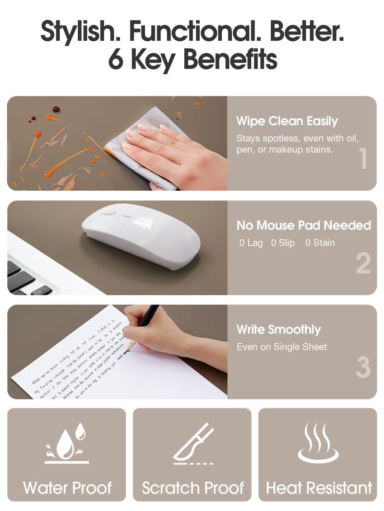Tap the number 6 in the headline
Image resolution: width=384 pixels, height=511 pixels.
[116, 59]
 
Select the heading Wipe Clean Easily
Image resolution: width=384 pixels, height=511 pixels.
[287, 121]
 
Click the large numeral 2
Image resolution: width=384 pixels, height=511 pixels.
[363, 263]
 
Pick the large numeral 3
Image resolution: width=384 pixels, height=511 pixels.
[363, 367]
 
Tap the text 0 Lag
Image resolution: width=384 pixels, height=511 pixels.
[251, 243]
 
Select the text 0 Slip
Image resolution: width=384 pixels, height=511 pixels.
[283, 243]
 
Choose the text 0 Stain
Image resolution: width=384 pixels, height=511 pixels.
[320, 243]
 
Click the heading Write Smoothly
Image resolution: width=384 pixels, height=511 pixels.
[278, 329]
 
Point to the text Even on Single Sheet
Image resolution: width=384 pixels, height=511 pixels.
[282, 347]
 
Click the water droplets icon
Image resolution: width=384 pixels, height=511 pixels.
[68, 443]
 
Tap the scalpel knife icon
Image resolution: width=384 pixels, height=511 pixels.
[193, 443]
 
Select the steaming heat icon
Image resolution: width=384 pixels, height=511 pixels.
[318, 443]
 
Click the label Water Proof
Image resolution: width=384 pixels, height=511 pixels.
[67, 488]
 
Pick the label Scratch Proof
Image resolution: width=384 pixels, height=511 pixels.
[192, 488]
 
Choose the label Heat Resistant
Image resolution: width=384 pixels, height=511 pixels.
[319, 488]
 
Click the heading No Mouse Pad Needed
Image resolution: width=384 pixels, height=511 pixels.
[303, 225]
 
